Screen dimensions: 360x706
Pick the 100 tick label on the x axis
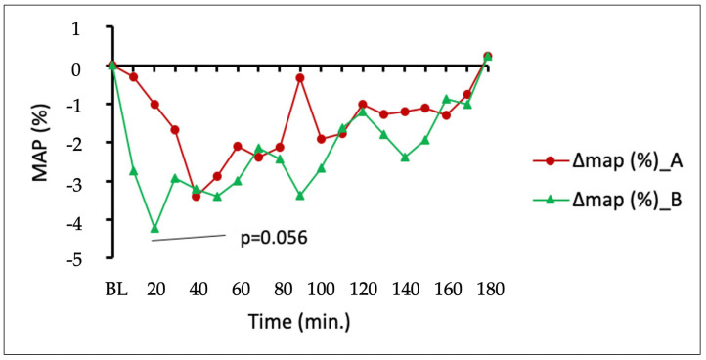click(321, 289)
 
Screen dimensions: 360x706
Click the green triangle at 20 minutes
click(154, 228)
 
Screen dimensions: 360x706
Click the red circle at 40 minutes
click(196, 197)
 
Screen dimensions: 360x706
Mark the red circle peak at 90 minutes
click(299, 77)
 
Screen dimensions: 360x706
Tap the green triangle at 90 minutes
click(299, 196)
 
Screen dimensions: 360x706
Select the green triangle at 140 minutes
click(404, 157)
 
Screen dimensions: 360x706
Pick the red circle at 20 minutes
click(154, 104)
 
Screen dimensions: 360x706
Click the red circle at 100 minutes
click(321, 139)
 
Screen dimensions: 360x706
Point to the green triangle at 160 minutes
click(446, 99)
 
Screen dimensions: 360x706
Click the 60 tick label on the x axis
click(238, 289)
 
